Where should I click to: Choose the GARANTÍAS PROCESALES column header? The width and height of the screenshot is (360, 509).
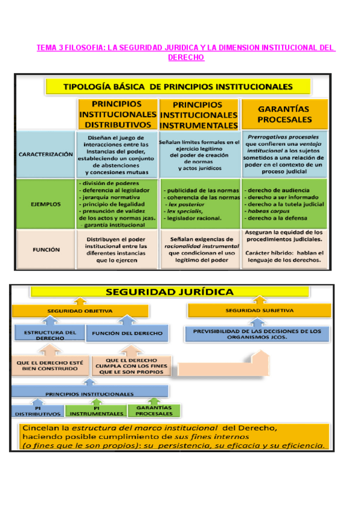pyautogui.click(x=284, y=114)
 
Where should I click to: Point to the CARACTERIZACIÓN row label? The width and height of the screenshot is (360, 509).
pyautogui.click(x=46, y=154)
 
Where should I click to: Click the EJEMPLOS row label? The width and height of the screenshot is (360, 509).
pyautogui.click(x=46, y=204)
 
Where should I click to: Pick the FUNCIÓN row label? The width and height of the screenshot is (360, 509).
pyautogui.click(x=46, y=250)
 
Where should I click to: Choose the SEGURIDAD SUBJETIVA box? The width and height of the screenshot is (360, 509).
pyautogui.click(x=259, y=310)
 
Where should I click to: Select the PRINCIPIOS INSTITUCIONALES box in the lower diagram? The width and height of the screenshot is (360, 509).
pyautogui.click(x=90, y=394)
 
